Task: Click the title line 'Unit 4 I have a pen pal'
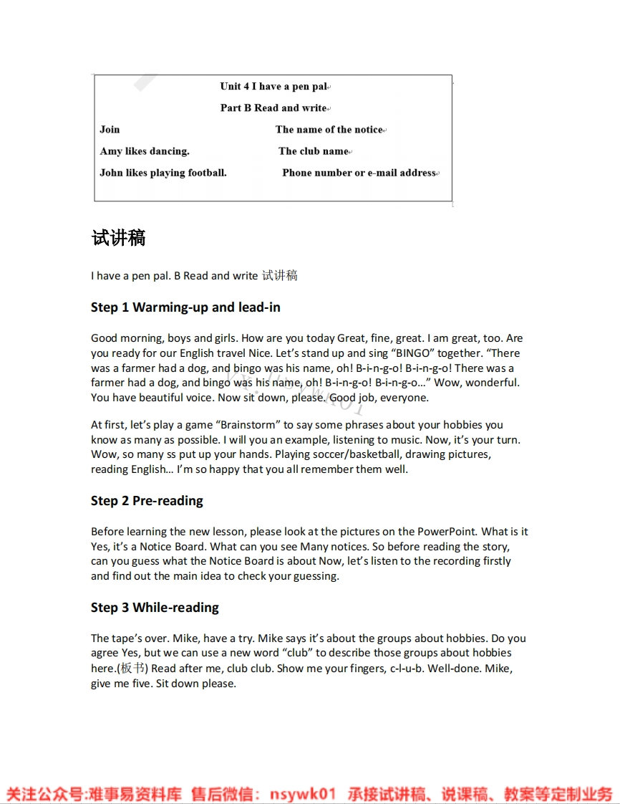pos(273,87)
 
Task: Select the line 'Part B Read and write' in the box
pos(273,108)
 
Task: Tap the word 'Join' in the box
pos(110,130)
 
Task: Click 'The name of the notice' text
pos(329,130)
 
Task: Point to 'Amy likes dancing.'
pos(145,151)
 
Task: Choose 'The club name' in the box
pos(313,151)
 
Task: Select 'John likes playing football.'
pos(163,173)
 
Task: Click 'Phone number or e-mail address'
pos(359,173)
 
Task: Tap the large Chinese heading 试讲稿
pos(118,238)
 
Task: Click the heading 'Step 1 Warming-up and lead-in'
pos(185,307)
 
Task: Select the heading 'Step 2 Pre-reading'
pos(147,501)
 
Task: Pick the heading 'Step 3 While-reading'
pos(155,608)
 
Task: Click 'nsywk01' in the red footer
pos(302,794)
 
